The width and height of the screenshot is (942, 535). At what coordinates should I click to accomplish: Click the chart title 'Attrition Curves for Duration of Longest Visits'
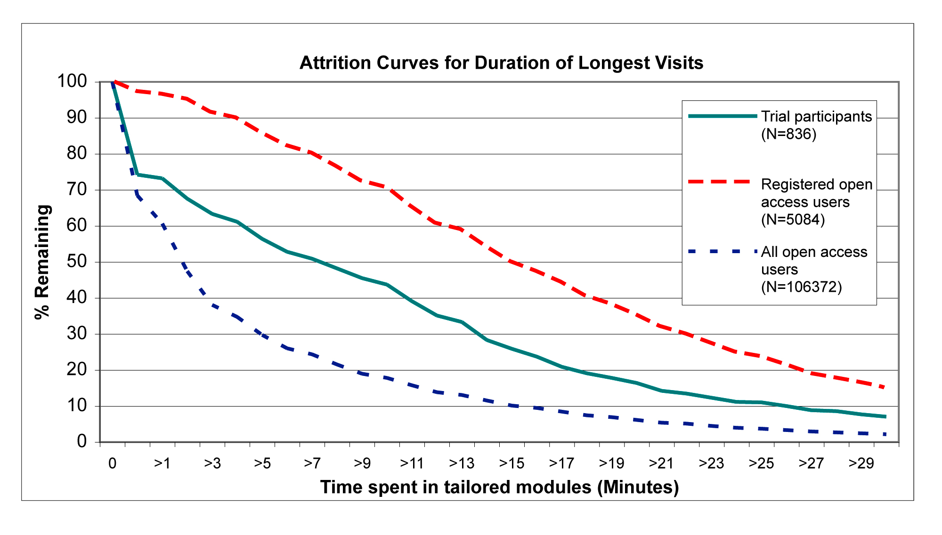click(501, 63)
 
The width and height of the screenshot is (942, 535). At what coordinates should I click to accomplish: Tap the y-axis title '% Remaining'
click(43, 262)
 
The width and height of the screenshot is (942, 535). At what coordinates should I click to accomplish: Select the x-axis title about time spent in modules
click(499, 487)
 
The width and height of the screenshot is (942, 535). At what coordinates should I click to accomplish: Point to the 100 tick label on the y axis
click(72, 81)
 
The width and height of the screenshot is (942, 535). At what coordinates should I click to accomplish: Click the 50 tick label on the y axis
click(77, 262)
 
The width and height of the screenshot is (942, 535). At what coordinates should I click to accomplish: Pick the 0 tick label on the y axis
click(82, 441)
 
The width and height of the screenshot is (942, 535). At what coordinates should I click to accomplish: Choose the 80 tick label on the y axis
click(77, 153)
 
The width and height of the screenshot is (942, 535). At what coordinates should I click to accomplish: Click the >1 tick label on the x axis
click(162, 463)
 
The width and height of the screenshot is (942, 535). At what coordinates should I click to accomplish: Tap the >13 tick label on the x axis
click(462, 463)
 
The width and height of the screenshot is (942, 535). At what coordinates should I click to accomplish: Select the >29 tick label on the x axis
click(861, 463)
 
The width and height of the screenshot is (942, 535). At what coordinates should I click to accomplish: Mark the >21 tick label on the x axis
click(661, 463)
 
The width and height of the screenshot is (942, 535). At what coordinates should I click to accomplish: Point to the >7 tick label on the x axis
click(312, 463)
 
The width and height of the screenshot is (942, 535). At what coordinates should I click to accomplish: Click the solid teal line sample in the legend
click(722, 116)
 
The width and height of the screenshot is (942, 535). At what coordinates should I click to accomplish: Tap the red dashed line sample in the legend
click(719, 182)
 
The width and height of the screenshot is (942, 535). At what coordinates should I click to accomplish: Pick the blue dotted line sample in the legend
click(722, 252)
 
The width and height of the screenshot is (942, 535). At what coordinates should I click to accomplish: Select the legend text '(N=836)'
click(788, 134)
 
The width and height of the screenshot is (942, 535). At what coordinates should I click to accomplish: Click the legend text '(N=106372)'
click(801, 287)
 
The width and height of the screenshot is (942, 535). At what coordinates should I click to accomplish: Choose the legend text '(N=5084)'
click(793, 219)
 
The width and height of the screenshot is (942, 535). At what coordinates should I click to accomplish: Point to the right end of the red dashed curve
click(885, 387)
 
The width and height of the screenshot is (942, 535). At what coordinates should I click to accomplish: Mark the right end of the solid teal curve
click(885, 416)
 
